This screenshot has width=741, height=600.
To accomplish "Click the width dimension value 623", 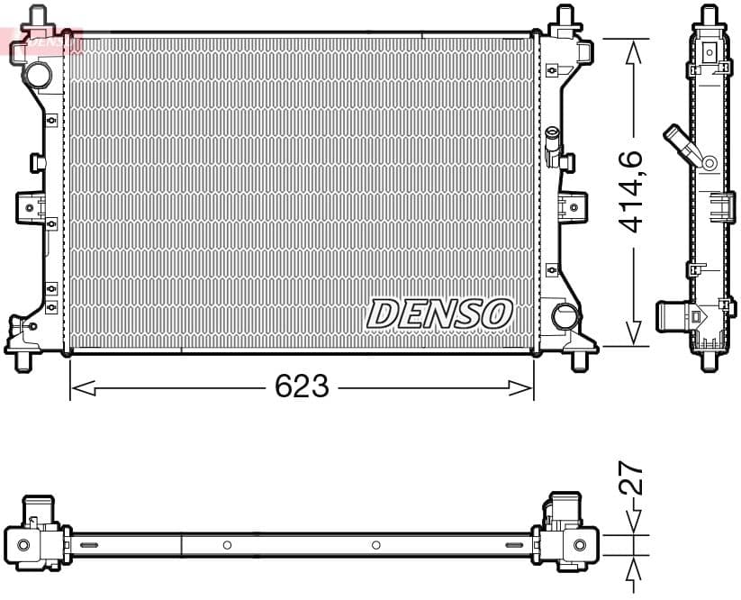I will tap(302, 386).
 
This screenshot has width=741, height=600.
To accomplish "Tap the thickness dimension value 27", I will tap(632, 478).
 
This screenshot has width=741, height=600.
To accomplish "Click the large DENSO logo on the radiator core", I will tap(439, 314).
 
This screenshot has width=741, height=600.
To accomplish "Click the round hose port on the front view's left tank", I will tap(39, 73).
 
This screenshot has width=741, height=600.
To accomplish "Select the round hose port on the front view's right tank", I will tap(565, 316).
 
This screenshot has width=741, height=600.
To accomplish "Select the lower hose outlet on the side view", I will tap(671, 316).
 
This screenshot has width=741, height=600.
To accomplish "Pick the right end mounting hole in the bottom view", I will tap(580, 545).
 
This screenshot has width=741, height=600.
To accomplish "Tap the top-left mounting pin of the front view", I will tap(36, 16).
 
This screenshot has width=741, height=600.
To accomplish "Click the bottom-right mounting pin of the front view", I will tap(577, 359).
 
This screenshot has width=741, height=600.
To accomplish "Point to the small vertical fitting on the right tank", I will tap(551, 142).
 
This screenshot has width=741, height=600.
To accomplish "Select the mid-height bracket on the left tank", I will tap(29, 207).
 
